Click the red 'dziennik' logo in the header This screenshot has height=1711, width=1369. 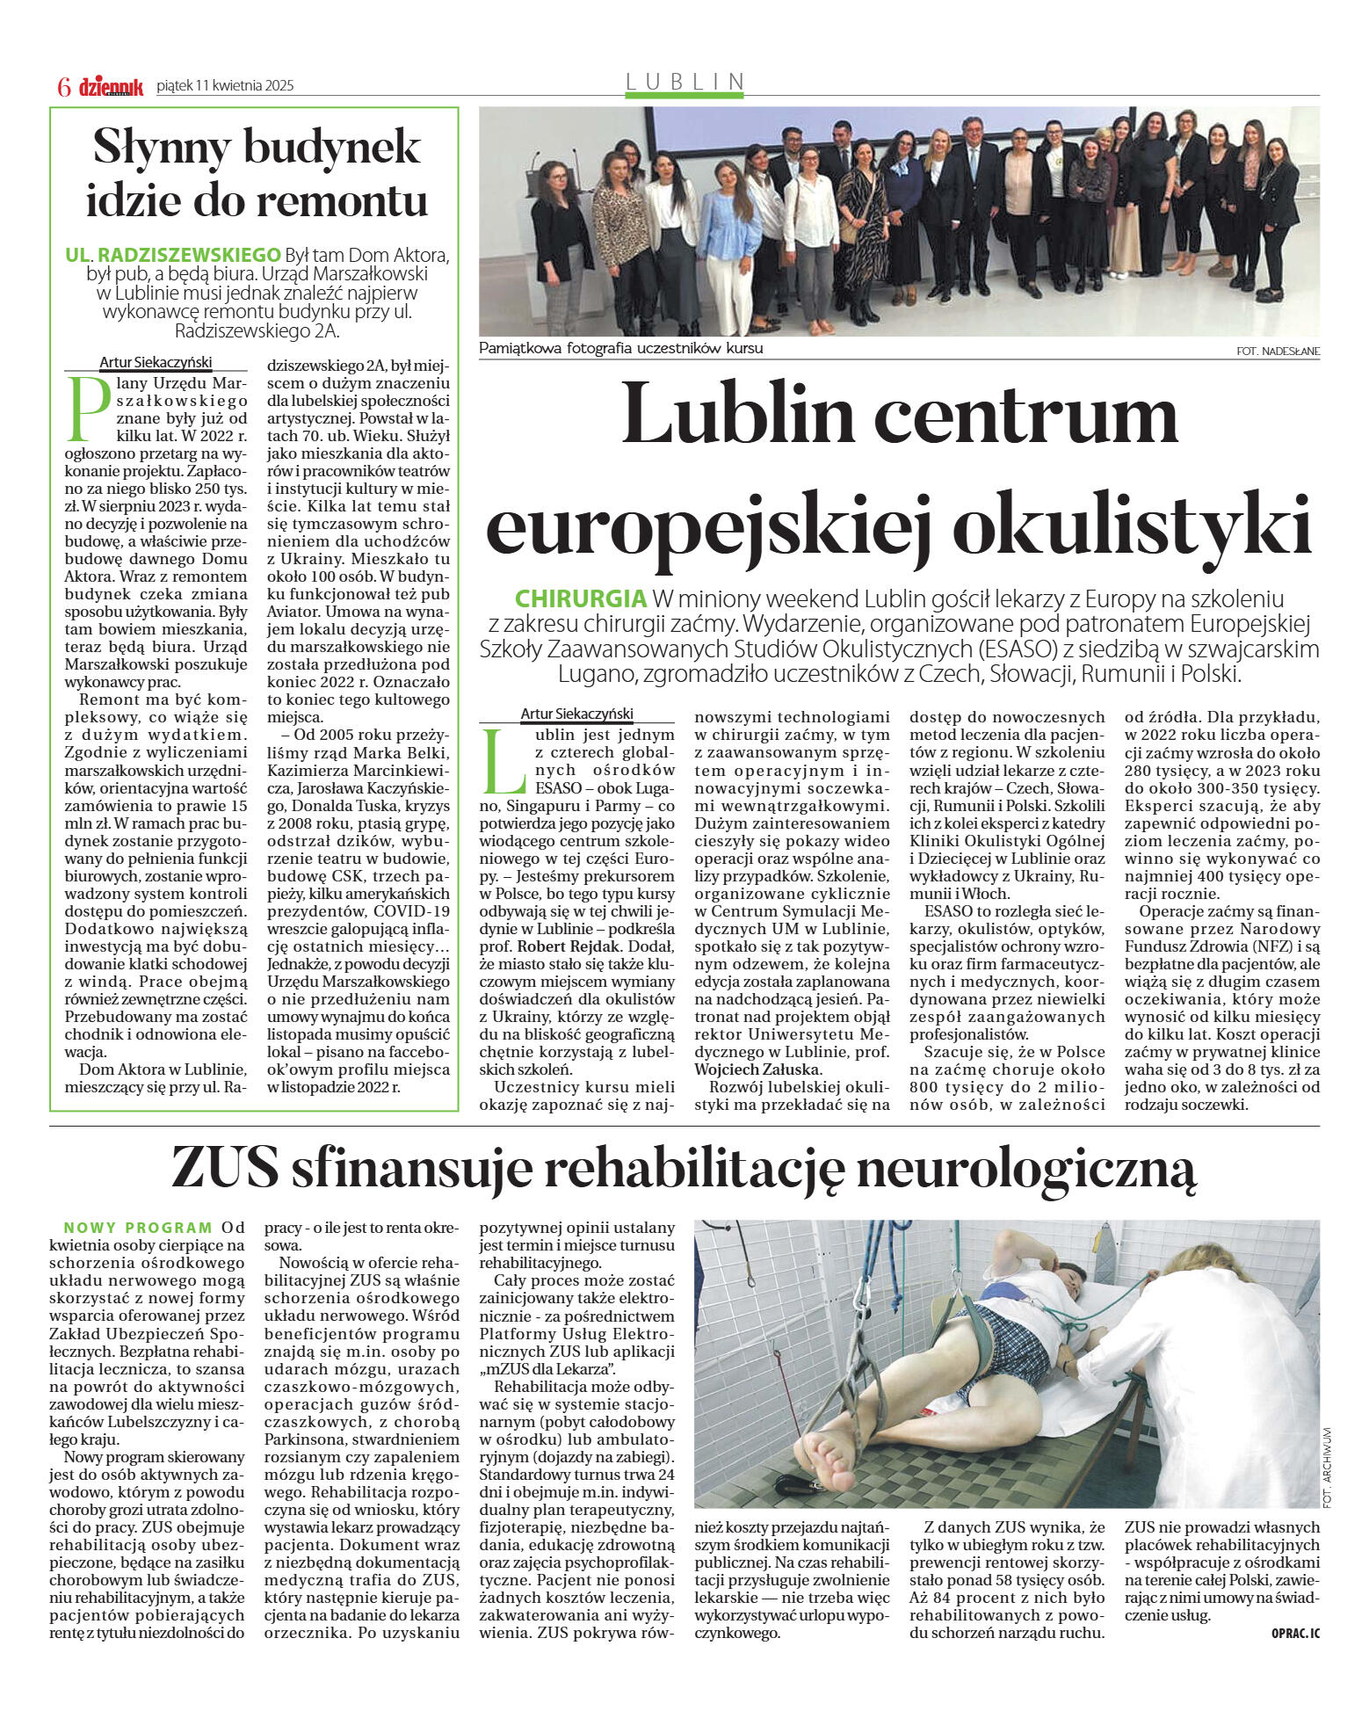click(x=111, y=86)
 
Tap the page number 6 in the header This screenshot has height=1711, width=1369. click(x=64, y=86)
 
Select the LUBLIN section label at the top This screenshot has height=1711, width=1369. click(x=684, y=82)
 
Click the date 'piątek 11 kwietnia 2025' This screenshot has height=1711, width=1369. click(x=225, y=86)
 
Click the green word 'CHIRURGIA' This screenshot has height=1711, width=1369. click(x=580, y=599)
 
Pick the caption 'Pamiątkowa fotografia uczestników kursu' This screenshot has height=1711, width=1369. click(x=620, y=348)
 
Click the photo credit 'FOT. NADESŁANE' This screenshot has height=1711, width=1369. click(x=1277, y=352)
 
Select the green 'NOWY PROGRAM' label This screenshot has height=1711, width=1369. click(x=138, y=1228)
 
